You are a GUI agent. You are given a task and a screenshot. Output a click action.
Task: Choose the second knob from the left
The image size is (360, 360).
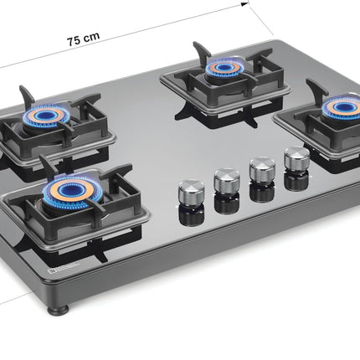pyautogui.click(x=225, y=179)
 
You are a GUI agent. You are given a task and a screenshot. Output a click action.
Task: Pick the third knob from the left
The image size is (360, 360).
pyautogui.click(x=262, y=169)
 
